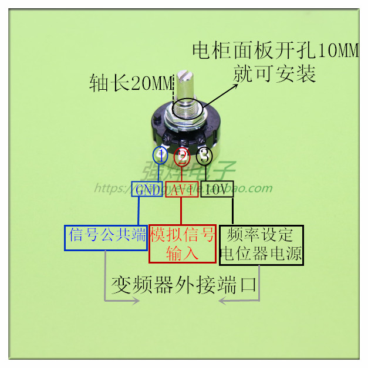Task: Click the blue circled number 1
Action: tap(160, 156)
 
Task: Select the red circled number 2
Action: tap(182, 157)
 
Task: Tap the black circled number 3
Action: tap(204, 156)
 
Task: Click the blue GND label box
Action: tap(148, 190)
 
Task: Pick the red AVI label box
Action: tap(181, 190)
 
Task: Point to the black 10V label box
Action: tap(217, 189)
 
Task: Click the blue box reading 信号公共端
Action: tap(106, 237)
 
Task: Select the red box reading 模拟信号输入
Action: tap(183, 244)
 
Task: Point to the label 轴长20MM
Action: tap(129, 83)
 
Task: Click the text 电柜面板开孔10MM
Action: tap(275, 52)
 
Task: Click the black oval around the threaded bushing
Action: tap(188, 109)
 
